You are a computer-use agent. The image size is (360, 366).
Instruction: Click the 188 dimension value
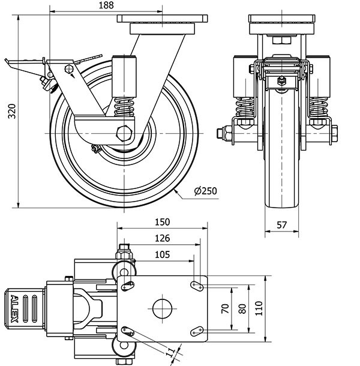(106, 5)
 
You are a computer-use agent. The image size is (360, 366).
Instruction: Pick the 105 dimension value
(162, 254)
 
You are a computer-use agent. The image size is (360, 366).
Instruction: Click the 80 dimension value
(242, 308)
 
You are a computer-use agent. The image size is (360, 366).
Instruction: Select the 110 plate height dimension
(258, 308)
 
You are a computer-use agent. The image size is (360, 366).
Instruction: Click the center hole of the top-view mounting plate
(162, 308)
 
